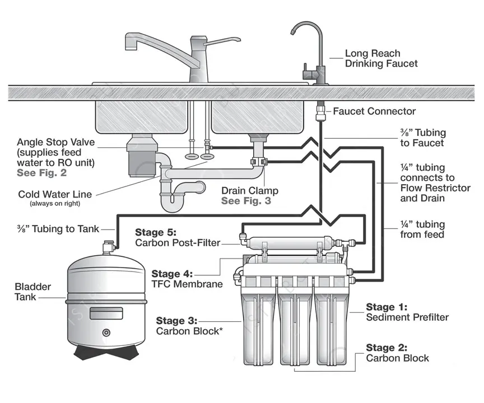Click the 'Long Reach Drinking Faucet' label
coord(381,58)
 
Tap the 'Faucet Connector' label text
coord(374,111)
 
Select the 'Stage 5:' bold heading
coord(156,232)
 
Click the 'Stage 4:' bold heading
coord(172,274)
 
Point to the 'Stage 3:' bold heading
coord(176,320)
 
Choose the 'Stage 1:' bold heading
coord(387,307)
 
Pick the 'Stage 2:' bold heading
coord(387,348)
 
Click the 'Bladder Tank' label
coord(32,292)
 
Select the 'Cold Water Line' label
coord(54,194)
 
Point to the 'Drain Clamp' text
coord(249,191)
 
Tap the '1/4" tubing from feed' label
coord(422,229)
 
